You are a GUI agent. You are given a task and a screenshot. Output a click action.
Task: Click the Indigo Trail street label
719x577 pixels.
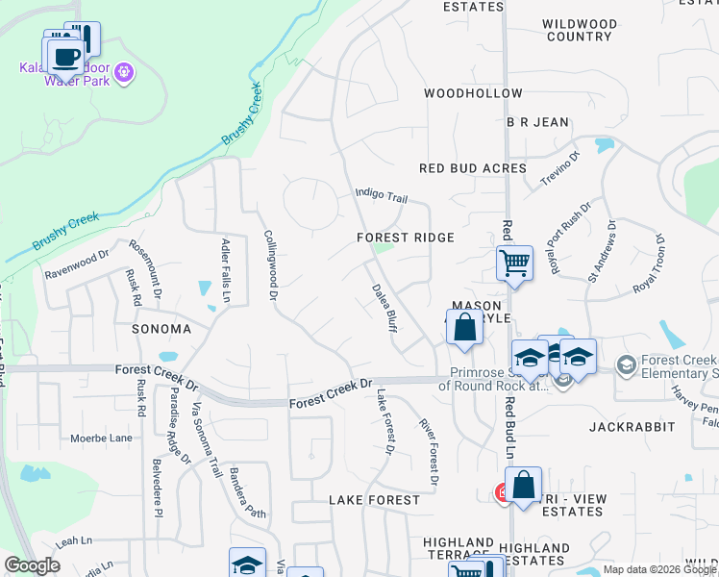point(382,195)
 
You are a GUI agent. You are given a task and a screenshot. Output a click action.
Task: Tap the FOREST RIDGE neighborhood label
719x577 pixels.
point(405,237)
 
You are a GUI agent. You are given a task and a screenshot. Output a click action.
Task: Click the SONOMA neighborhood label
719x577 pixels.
point(162,329)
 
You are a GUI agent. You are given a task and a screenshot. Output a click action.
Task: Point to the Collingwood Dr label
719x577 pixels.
point(270,264)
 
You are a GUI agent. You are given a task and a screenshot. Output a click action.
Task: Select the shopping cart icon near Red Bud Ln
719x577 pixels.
point(514,262)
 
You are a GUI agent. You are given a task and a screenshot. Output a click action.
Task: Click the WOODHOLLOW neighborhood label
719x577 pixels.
point(473,93)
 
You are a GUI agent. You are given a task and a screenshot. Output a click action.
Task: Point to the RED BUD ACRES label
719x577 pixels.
point(473,168)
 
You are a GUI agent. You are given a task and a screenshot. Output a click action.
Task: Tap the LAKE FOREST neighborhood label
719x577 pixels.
point(374,500)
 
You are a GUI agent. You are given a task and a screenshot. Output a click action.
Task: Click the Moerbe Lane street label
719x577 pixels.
point(101,439)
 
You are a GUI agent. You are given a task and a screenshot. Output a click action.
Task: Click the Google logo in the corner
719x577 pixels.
point(32,565)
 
